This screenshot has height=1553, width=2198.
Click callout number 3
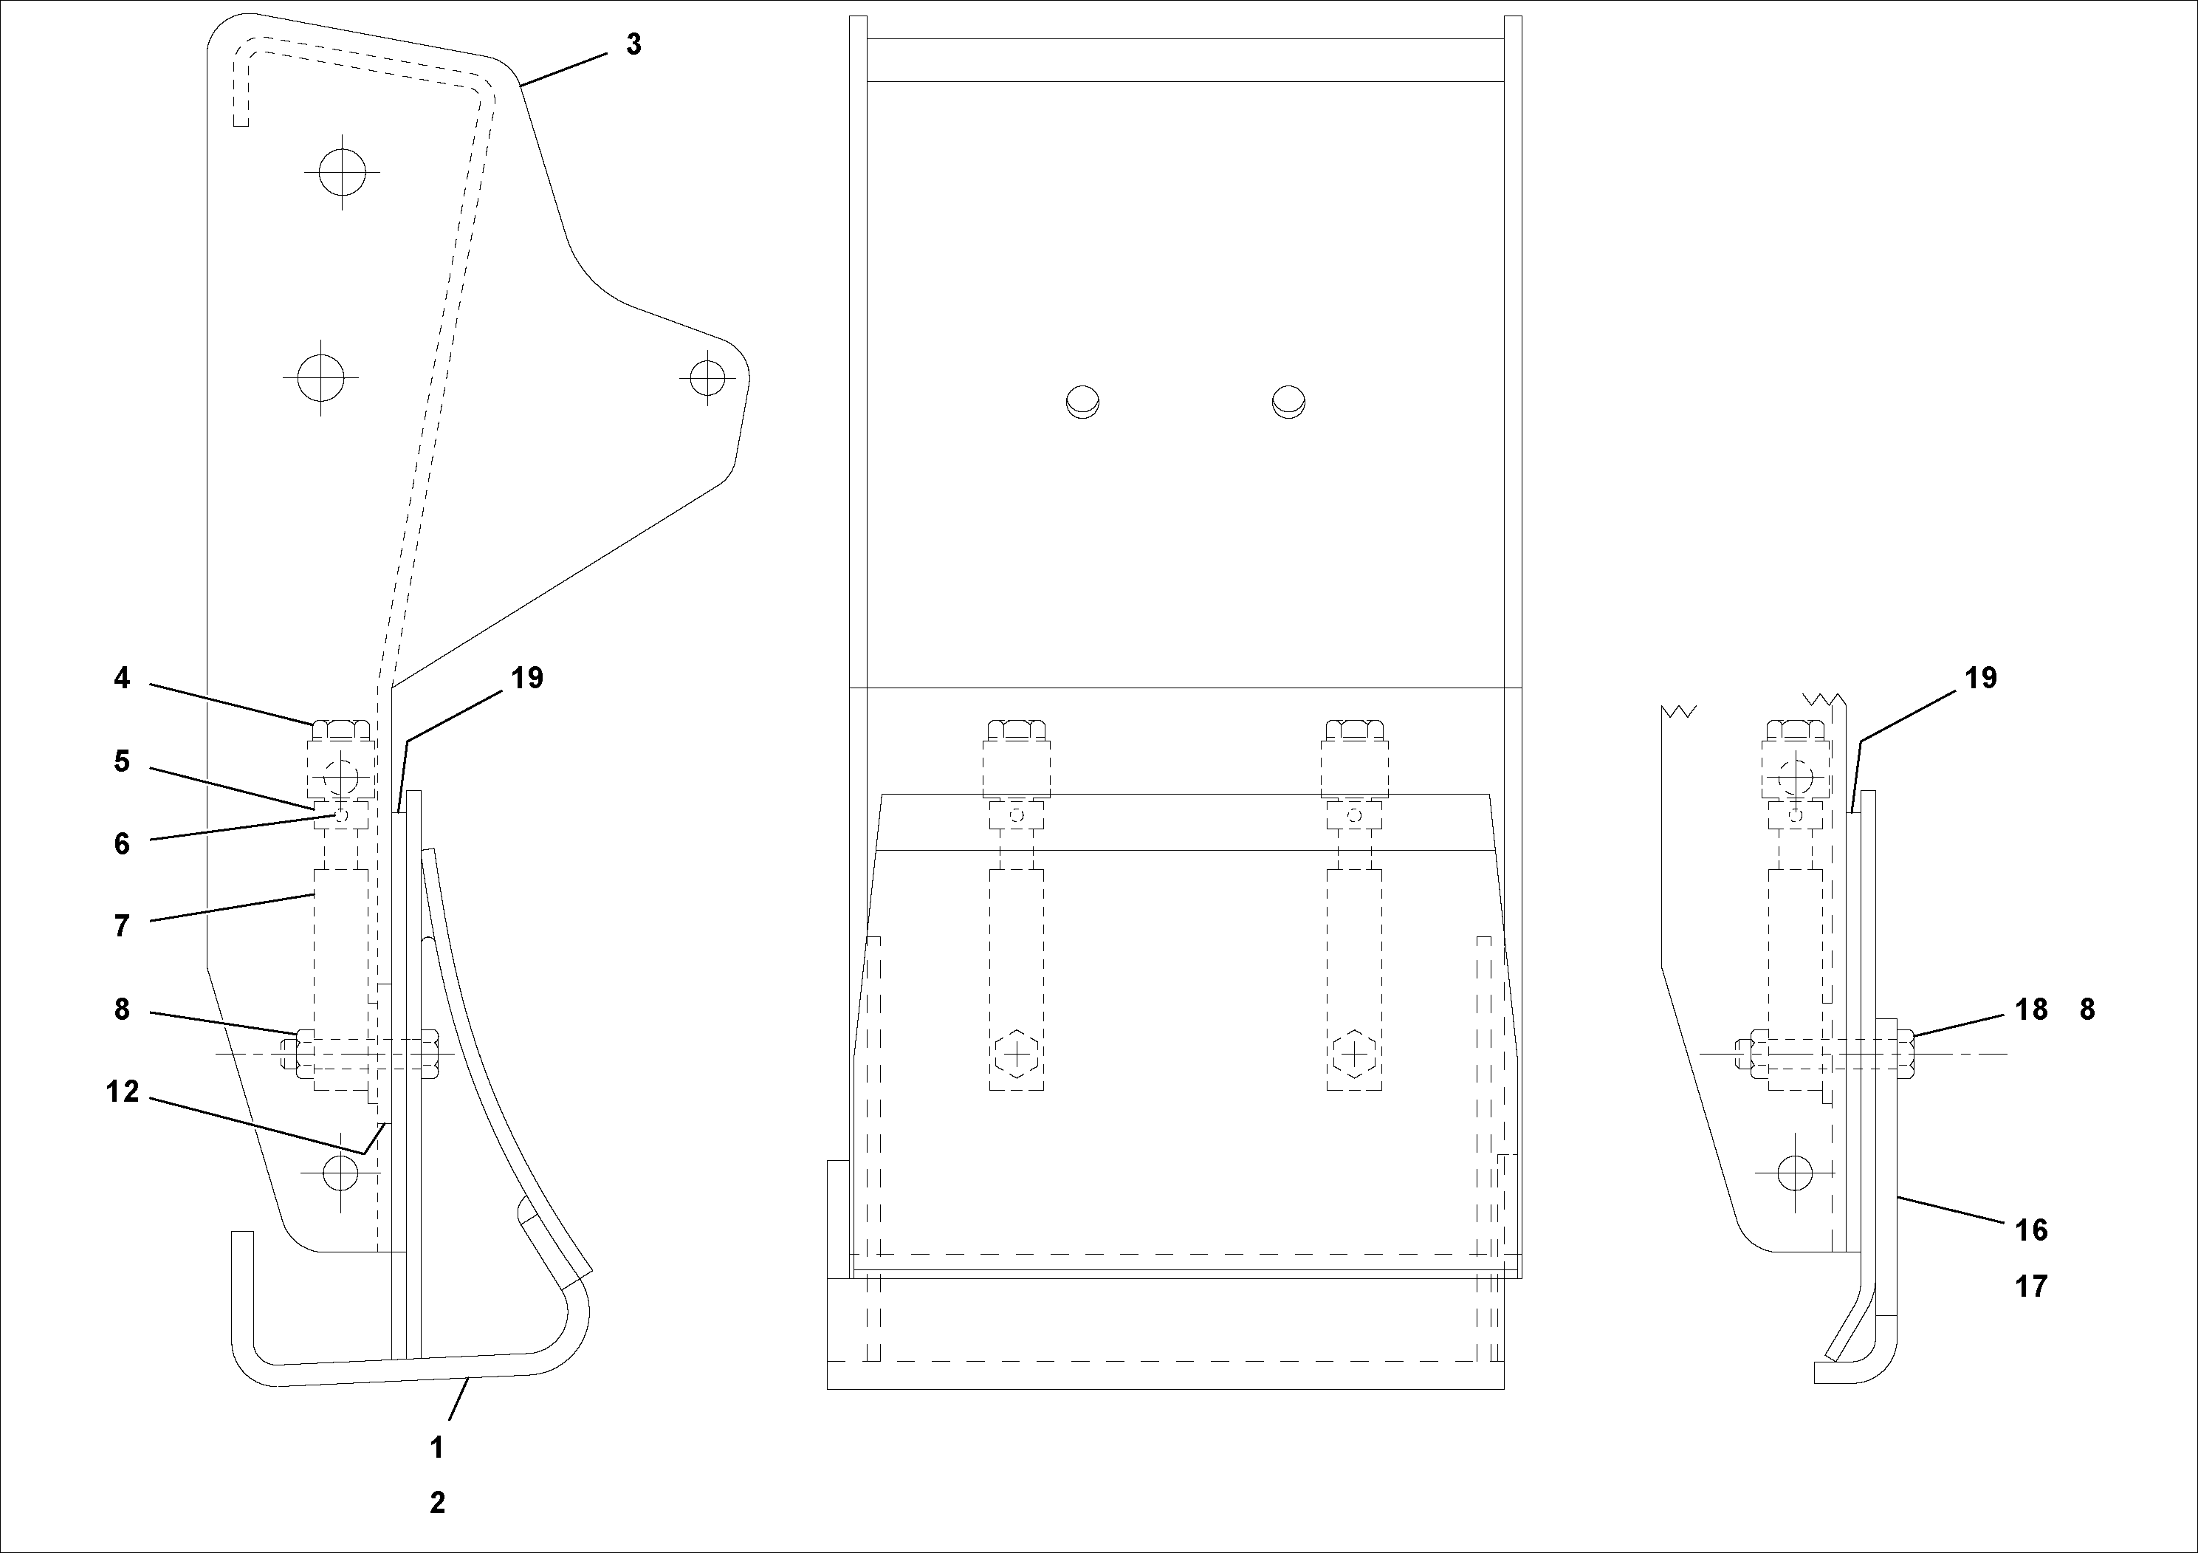(x=633, y=45)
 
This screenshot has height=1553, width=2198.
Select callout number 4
(x=122, y=679)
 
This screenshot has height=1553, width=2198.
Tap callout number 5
(x=122, y=762)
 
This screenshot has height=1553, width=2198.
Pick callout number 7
(x=122, y=927)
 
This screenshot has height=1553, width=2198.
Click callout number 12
(x=123, y=1091)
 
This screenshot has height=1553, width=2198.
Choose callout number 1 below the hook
(x=436, y=1447)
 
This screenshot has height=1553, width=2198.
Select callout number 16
(x=2031, y=1230)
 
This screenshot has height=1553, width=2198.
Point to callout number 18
(x=2031, y=1010)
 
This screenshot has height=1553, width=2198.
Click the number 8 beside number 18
(x=2087, y=1010)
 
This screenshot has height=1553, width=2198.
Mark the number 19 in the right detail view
(x=1981, y=679)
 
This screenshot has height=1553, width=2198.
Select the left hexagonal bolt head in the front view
(x=1017, y=1054)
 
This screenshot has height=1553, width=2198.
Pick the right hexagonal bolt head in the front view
(x=1353, y=1054)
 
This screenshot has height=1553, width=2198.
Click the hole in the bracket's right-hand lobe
(x=707, y=377)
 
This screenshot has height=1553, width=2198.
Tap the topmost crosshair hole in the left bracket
(x=342, y=172)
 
